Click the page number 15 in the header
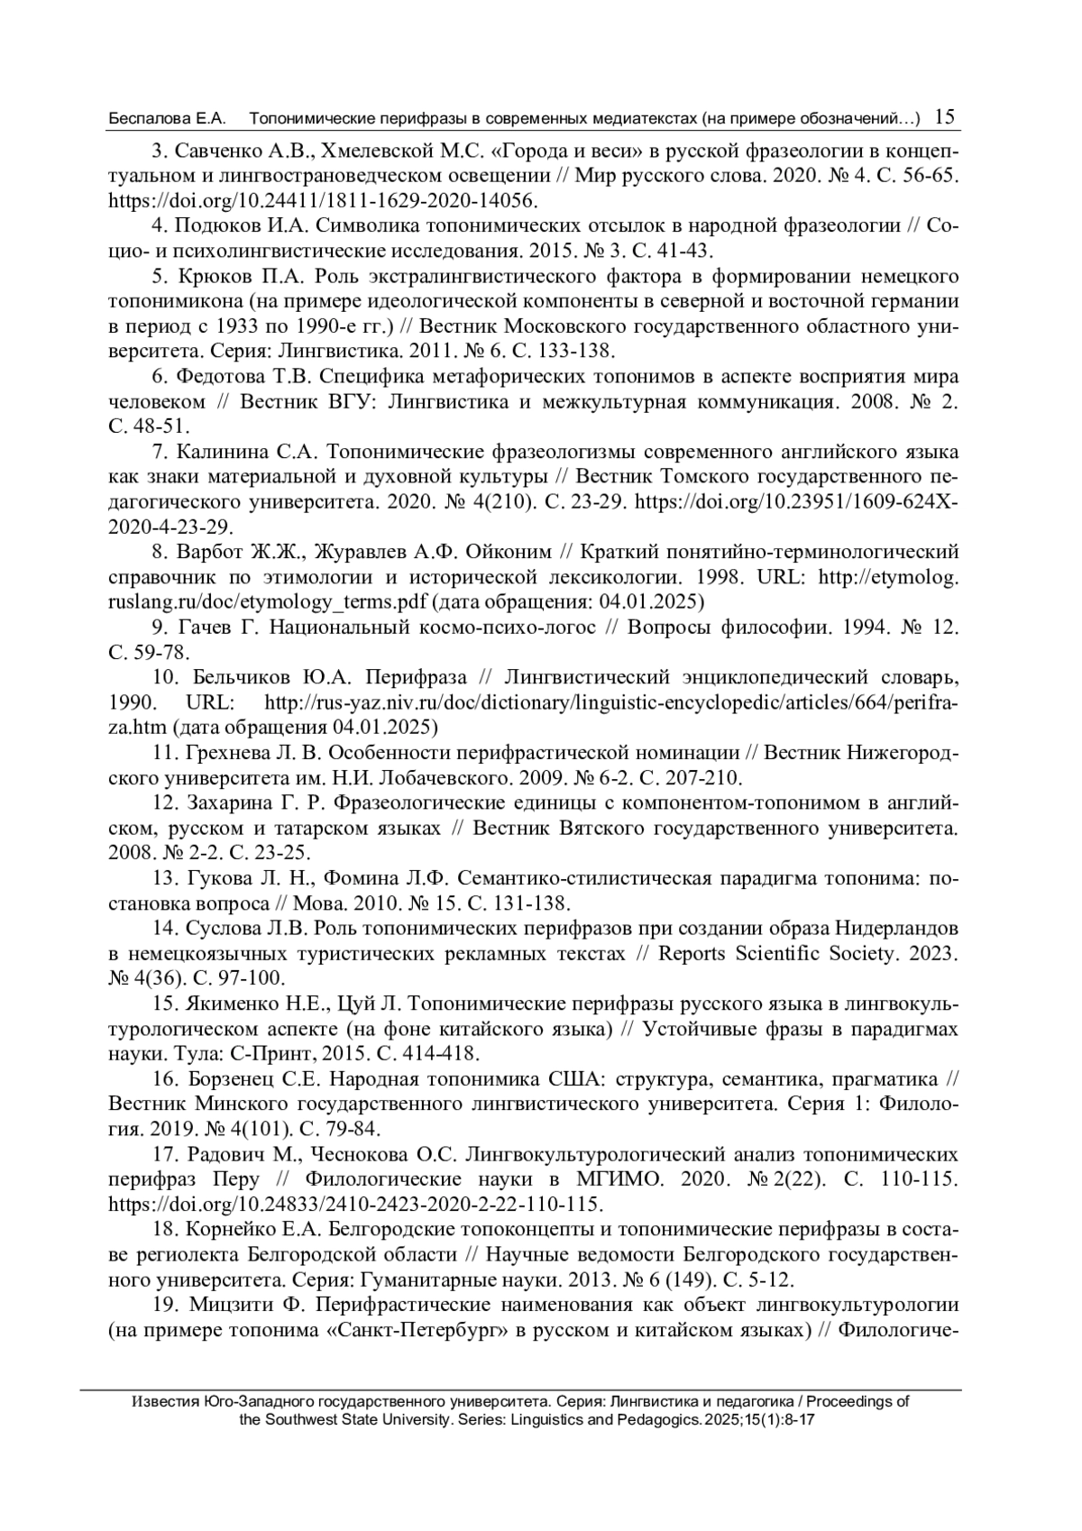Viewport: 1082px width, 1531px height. click(946, 117)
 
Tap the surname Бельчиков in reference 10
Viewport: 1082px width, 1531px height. click(241, 678)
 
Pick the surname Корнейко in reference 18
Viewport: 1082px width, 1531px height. click(236, 1230)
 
